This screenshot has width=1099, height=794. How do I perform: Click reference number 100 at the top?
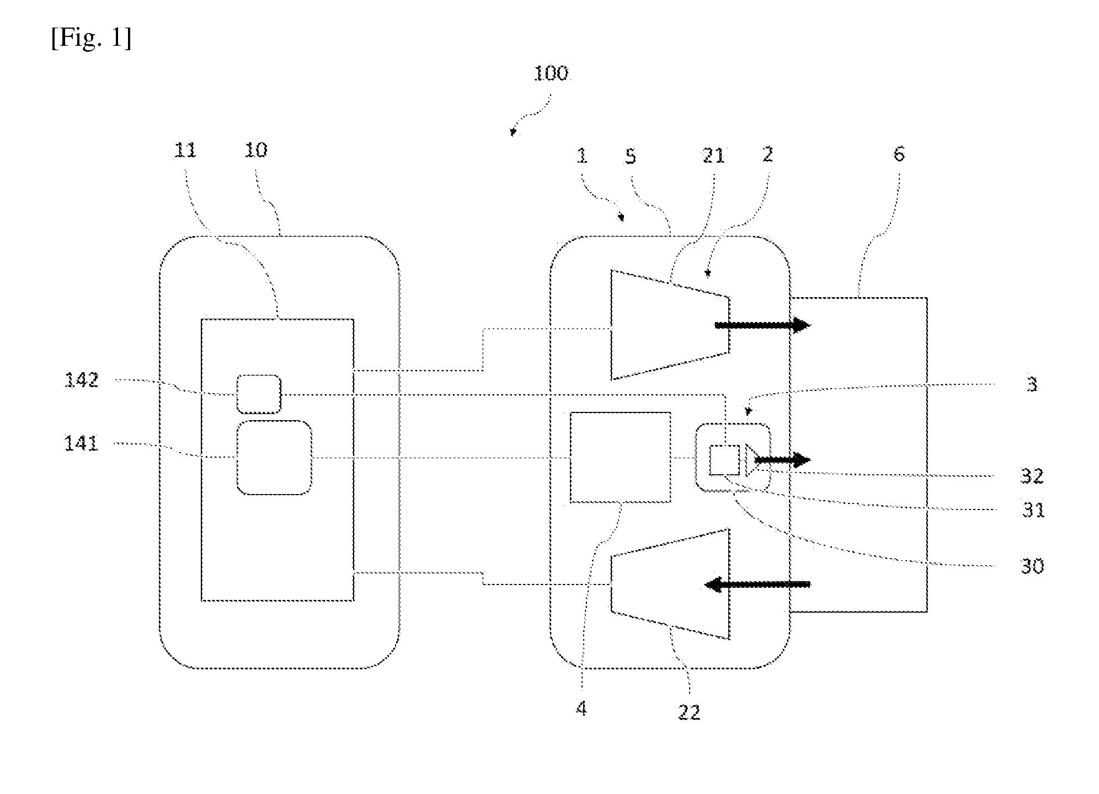[551, 73]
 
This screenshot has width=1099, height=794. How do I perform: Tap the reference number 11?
[185, 149]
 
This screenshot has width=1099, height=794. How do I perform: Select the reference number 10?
[255, 149]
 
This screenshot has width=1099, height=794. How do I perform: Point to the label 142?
[82, 380]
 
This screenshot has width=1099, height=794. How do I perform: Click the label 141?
[82, 443]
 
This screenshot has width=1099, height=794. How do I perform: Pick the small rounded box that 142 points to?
[259, 394]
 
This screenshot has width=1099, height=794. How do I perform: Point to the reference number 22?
[689, 713]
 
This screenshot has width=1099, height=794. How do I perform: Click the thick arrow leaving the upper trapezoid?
[762, 325]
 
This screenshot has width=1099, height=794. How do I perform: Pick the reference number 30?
[1032, 566]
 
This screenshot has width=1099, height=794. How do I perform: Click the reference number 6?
[899, 155]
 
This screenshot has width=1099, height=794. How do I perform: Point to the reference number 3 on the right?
[1032, 384]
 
